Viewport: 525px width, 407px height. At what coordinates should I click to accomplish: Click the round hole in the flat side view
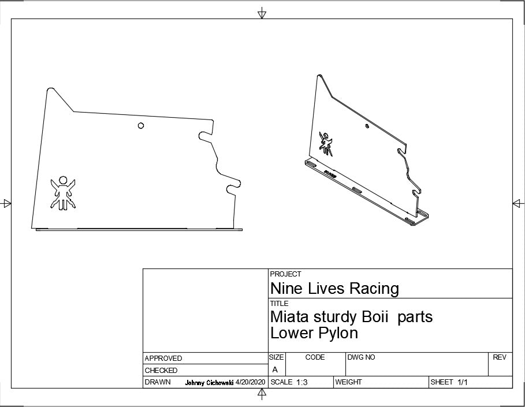point(141,125)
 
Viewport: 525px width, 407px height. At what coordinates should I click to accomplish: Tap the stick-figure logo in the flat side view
point(63,193)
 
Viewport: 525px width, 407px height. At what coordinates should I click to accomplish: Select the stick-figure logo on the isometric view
point(326,144)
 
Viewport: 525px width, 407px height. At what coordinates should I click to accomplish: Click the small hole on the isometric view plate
point(367,126)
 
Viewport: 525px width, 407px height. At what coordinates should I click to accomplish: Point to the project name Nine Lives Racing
point(334,288)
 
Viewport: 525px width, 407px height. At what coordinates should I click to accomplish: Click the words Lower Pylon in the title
point(314,333)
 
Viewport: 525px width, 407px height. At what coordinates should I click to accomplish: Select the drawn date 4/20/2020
point(250,382)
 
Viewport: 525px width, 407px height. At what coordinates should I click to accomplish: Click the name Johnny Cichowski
point(209,383)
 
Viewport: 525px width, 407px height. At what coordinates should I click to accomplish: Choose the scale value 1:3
point(301,382)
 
